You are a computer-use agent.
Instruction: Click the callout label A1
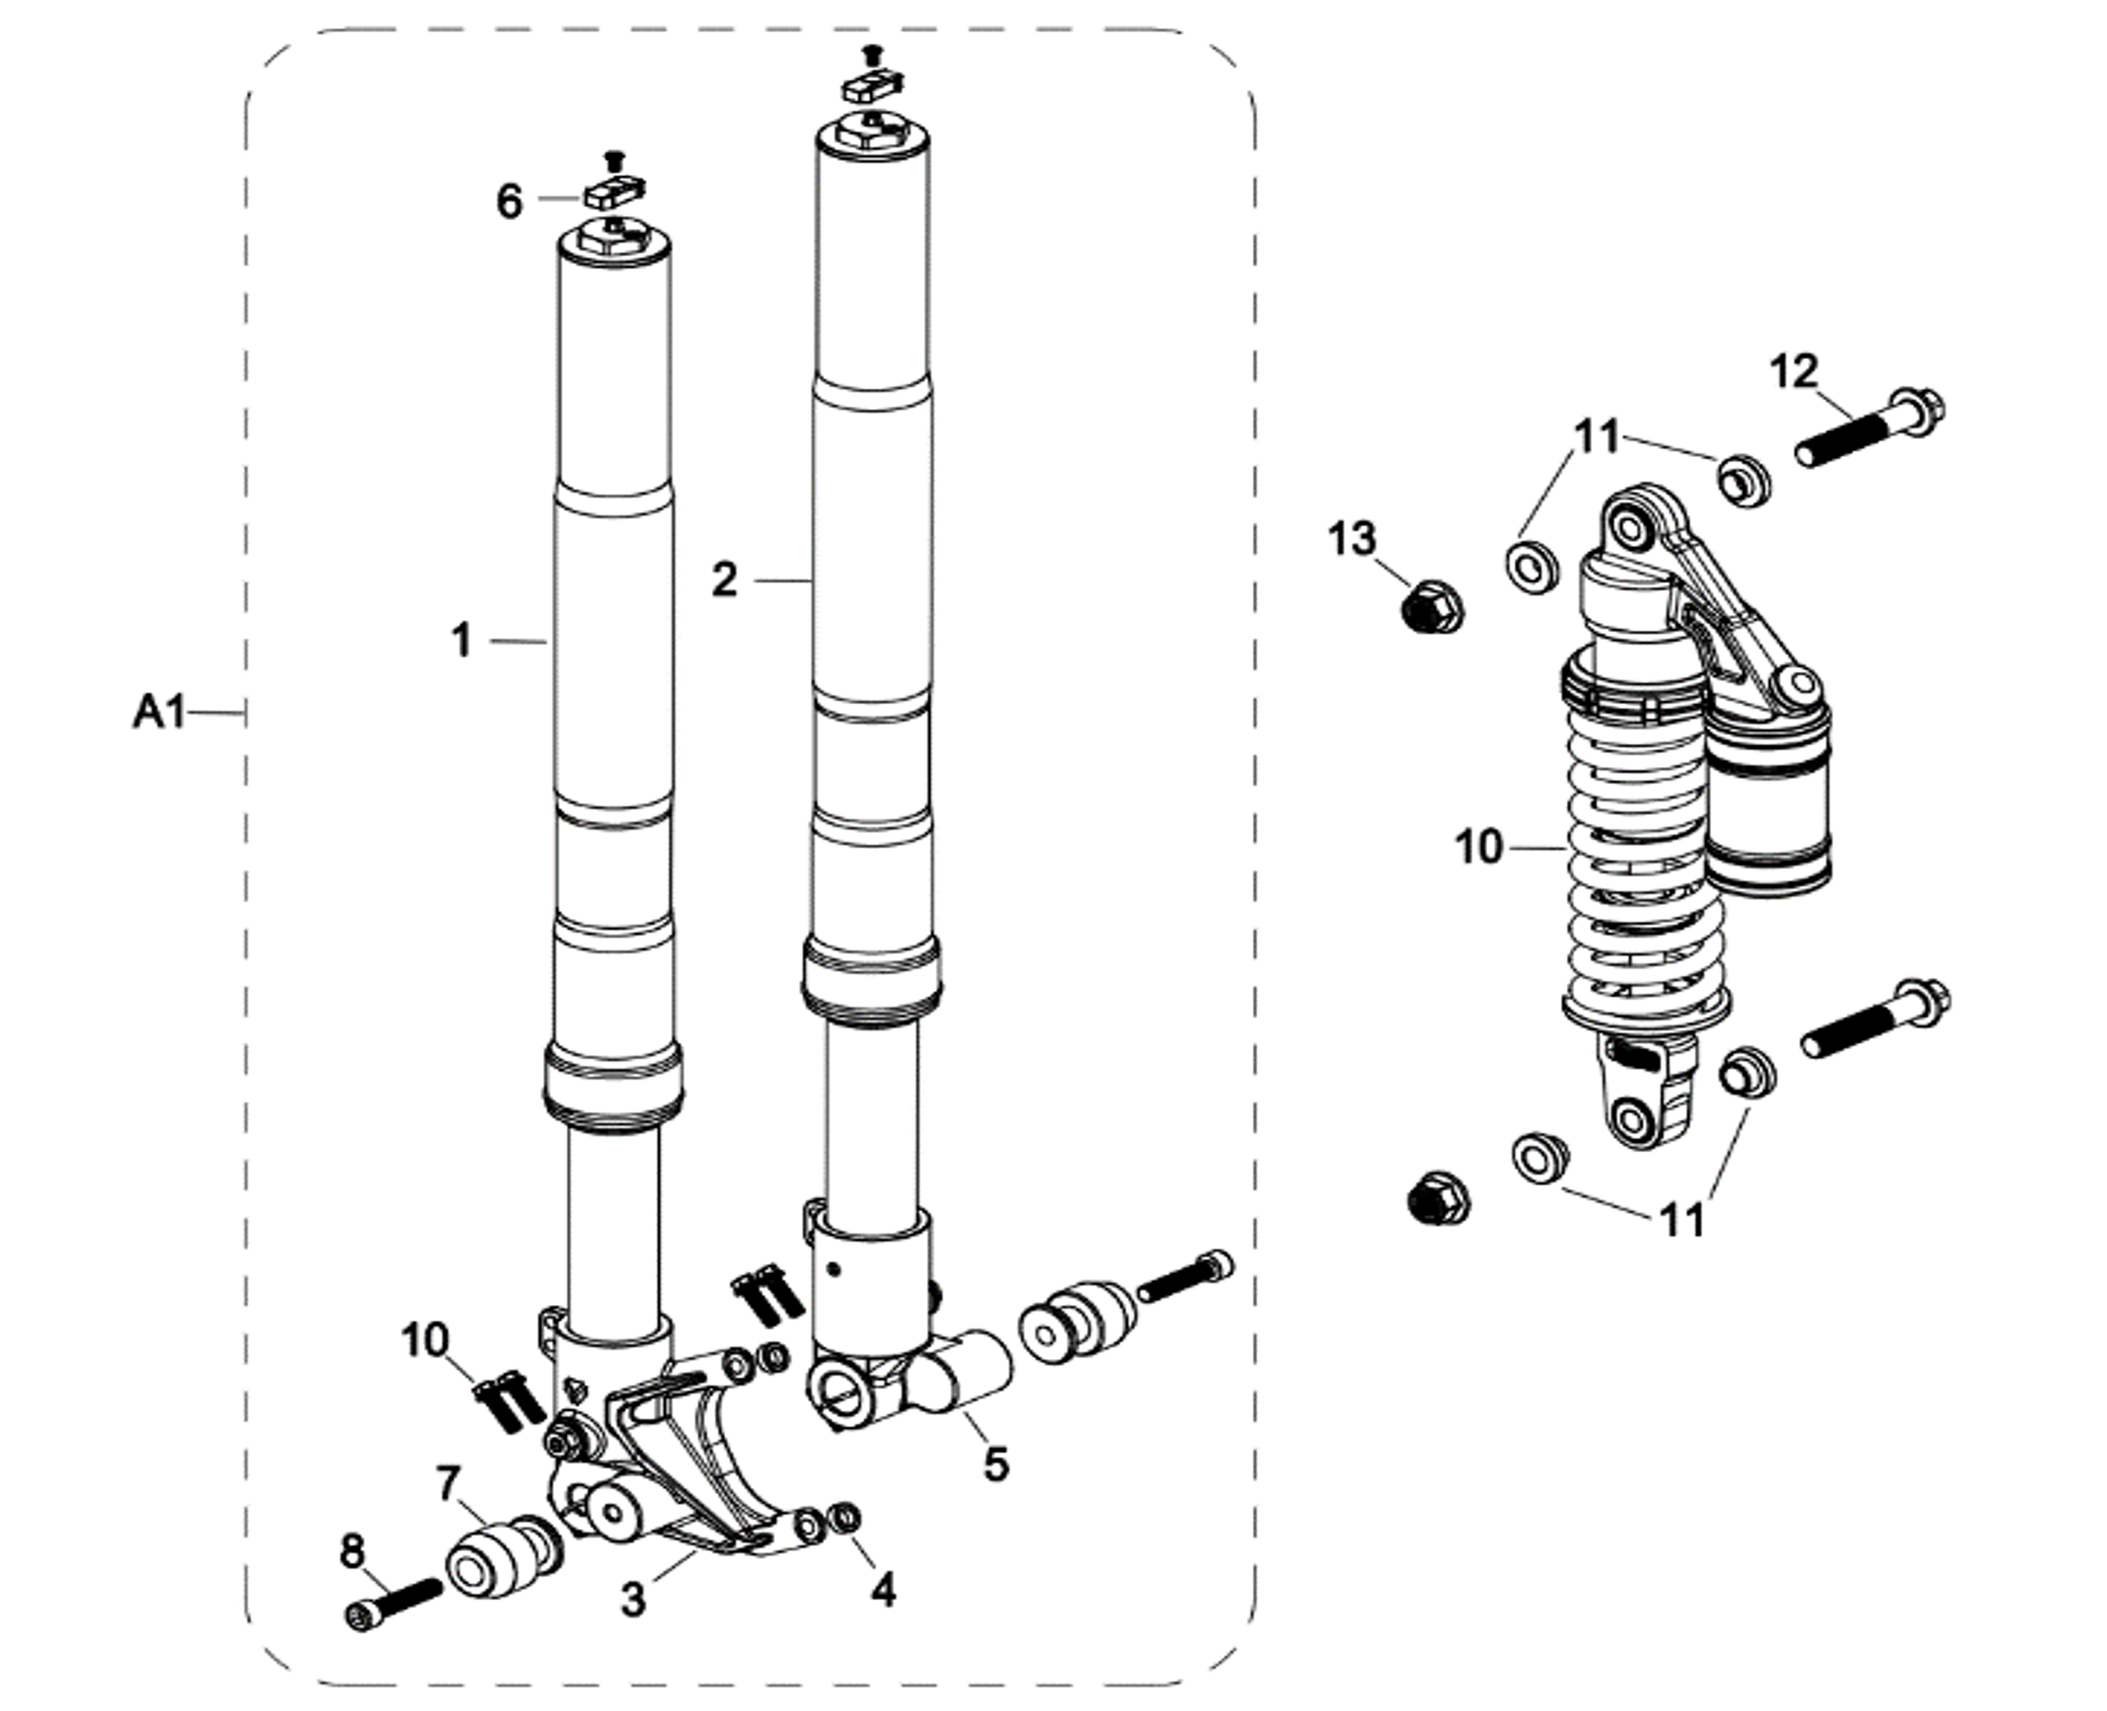158,711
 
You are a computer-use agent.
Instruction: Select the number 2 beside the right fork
725,579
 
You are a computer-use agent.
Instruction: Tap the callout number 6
509,202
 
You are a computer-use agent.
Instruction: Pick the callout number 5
997,1465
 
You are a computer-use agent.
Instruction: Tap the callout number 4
884,1590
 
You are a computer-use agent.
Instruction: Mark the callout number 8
352,1552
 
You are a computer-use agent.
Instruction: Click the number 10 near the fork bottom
425,1340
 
